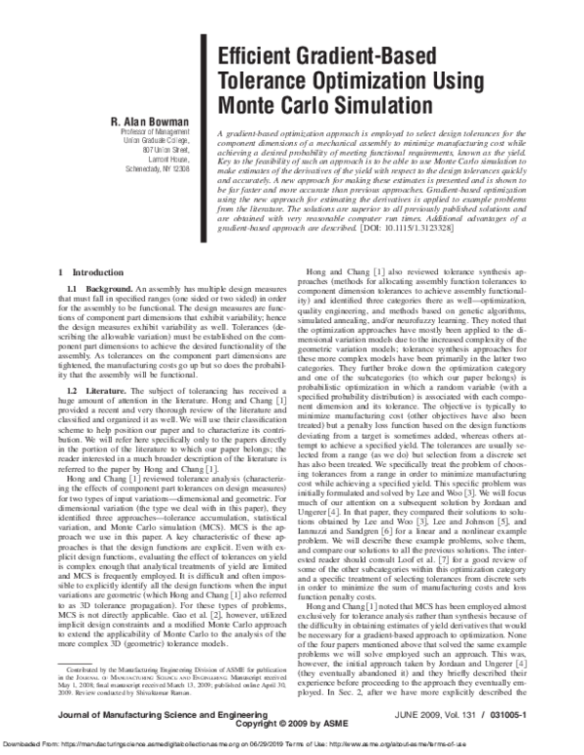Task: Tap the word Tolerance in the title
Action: [x=263, y=80]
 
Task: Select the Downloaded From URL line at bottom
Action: [x=292, y=744]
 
